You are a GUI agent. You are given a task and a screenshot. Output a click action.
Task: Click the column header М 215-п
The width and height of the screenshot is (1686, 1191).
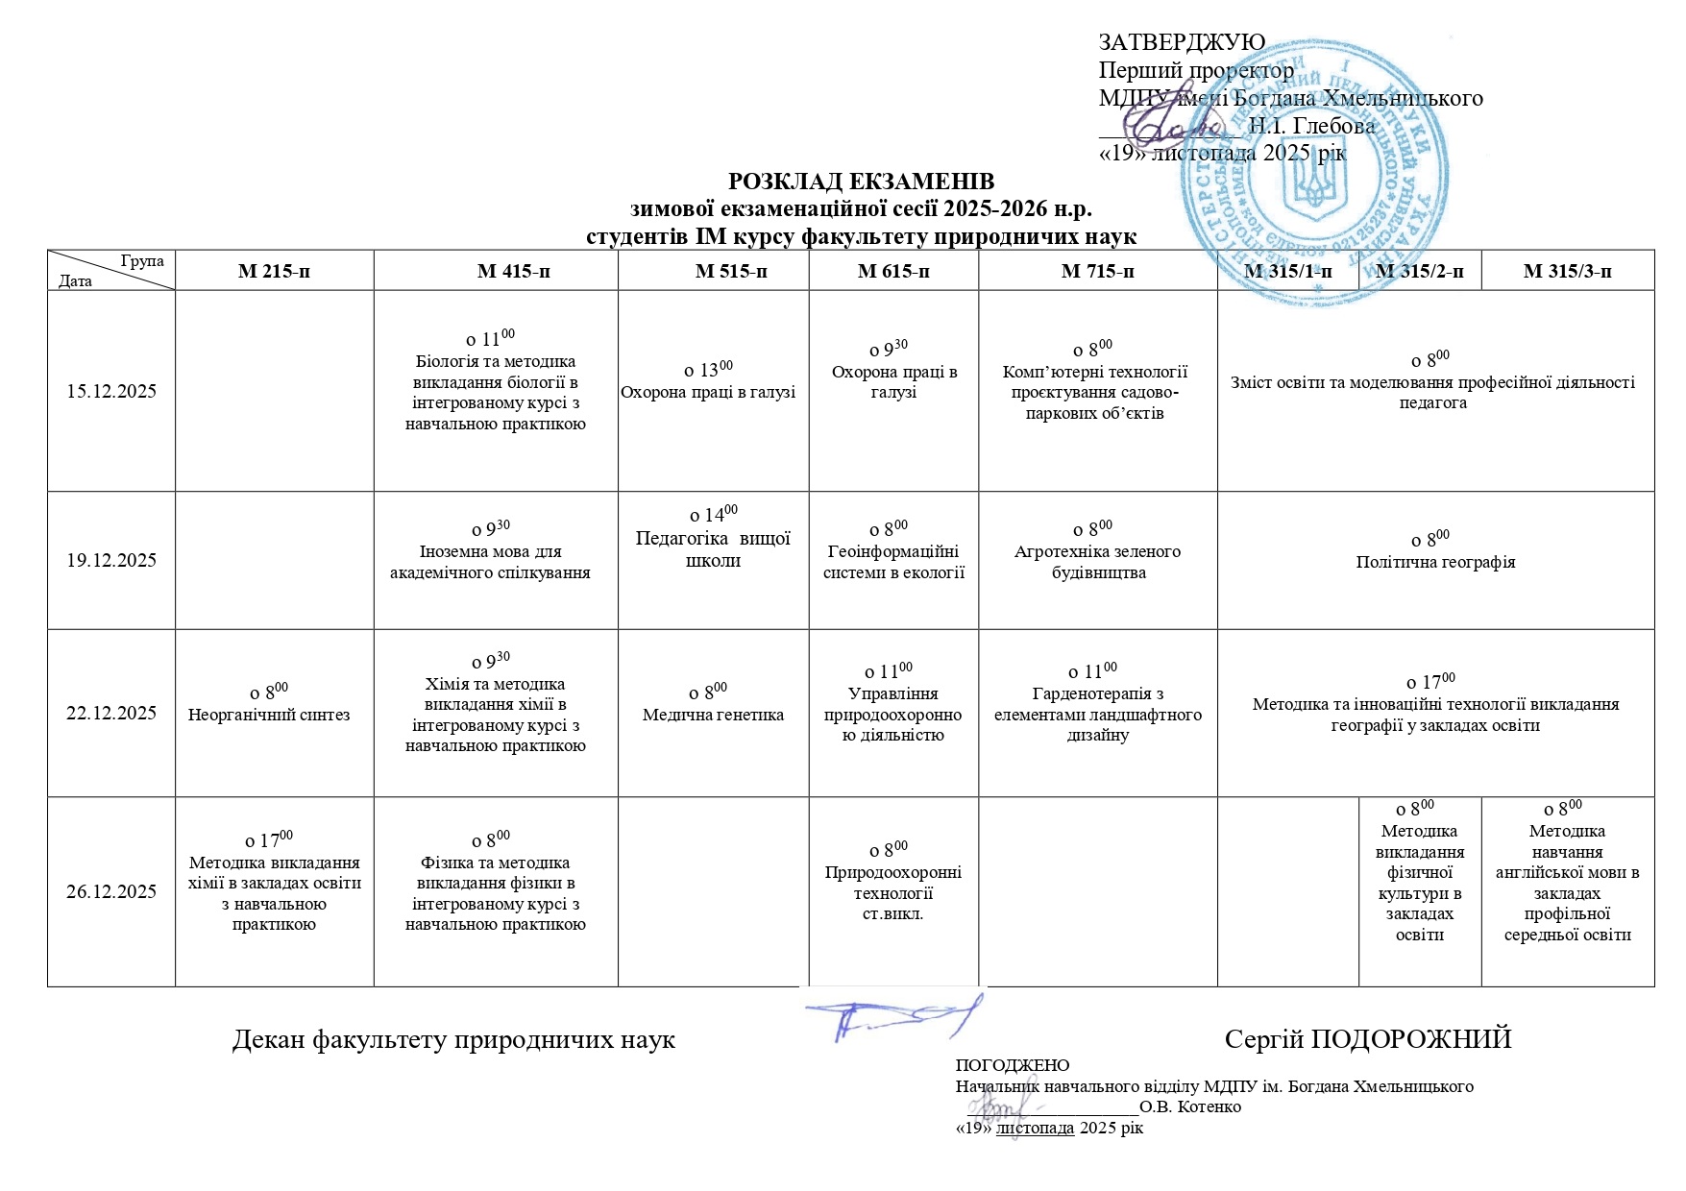tap(274, 272)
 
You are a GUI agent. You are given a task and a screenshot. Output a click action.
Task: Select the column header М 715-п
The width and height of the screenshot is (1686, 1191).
tap(1097, 272)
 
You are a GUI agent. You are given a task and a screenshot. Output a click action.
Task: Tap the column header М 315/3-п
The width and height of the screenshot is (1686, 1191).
tap(1567, 272)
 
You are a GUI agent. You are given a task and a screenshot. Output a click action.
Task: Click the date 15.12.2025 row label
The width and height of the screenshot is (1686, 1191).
tap(111, 392)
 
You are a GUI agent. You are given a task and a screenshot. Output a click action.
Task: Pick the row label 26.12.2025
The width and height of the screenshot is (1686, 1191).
tap(111, 892)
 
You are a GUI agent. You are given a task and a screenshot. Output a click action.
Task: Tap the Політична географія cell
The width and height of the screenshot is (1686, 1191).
tap(1435, 562)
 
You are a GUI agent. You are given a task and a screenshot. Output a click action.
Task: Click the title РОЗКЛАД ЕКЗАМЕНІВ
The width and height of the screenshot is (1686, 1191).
tap(861, 182)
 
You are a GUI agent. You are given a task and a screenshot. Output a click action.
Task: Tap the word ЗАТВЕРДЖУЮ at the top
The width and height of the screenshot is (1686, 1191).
tap(1182, 42)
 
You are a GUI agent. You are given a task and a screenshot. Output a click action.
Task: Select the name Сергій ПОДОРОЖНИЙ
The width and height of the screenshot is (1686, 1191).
tap(1368, 1039)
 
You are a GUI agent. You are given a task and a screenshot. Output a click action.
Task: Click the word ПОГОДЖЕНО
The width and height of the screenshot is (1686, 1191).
tap(1012, 1065)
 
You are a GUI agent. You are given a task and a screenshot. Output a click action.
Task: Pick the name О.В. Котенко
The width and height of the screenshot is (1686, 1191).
tap(1190, 1107)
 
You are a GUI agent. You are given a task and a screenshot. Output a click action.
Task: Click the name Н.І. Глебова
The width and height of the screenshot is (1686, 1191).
tap(1311, 126)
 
